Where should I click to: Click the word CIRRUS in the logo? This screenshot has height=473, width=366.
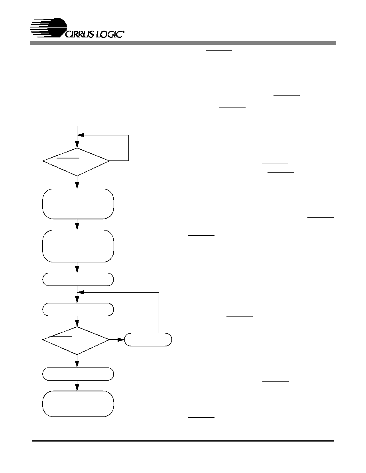pyautogui.click(x=79, y=34)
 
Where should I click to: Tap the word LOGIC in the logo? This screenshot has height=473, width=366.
pyautogui.click(x=109, y=34)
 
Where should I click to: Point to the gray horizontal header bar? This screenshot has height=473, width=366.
pyautogui.click(x=183, y=43)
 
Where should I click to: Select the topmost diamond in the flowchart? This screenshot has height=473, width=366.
pyautogui.click(x=76, y=162)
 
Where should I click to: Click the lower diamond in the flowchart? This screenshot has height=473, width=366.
pyautogui.click(x=76, y=340)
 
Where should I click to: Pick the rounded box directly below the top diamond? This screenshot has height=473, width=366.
pyautogui.click(x=78, y=204)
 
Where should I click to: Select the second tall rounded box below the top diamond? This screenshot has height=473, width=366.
pyautogui.click(x=78, y=246)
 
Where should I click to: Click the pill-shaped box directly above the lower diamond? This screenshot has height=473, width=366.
pyautogui.click(x=78, y=309)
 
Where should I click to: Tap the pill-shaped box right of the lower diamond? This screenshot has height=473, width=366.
pyautogui.click(x=148, y=340)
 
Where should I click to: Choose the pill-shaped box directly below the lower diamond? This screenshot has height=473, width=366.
pyautogui.click(x=78, y=374)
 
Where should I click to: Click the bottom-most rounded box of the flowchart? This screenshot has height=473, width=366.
pyautogui.click(x=78, y=404)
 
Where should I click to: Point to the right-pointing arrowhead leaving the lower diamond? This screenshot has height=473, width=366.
pyautogui.click(x=121, y=340)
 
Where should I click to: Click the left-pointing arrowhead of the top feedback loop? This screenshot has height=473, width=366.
pyautogui.click(x=81, y=135)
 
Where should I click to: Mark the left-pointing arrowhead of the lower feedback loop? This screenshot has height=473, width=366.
pyautogui.click(x=81, y=292)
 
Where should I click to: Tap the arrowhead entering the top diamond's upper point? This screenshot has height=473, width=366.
pyautogui.click(x=77, y=144)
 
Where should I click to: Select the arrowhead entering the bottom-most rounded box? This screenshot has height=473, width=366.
pyautogui.click(x=77, y=388)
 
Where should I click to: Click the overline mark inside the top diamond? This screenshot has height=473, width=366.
pyautogui.click(x=68, y=158)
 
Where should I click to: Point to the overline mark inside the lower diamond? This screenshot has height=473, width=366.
pyautogui.click(x=62, y=336)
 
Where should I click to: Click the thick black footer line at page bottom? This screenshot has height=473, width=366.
pyautogui.click(x=183, y=441)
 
